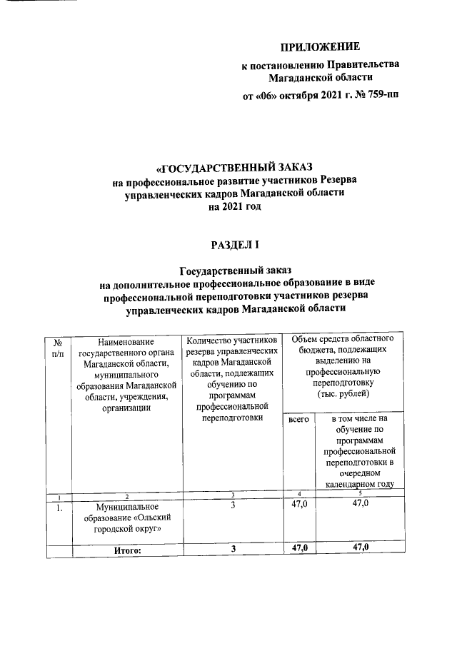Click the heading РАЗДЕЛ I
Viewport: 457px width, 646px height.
[x=234, y=245]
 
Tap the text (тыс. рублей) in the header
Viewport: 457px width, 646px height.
[x=343, y=393]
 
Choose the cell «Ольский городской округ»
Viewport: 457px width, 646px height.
[x=125, y=523]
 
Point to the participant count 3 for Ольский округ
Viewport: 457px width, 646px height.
[x=233, y=505]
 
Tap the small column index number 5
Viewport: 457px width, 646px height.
[x=360, y=495]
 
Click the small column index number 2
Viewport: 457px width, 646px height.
[x=126, y=495]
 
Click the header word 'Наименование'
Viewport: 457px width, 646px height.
[x=126, y=343]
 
